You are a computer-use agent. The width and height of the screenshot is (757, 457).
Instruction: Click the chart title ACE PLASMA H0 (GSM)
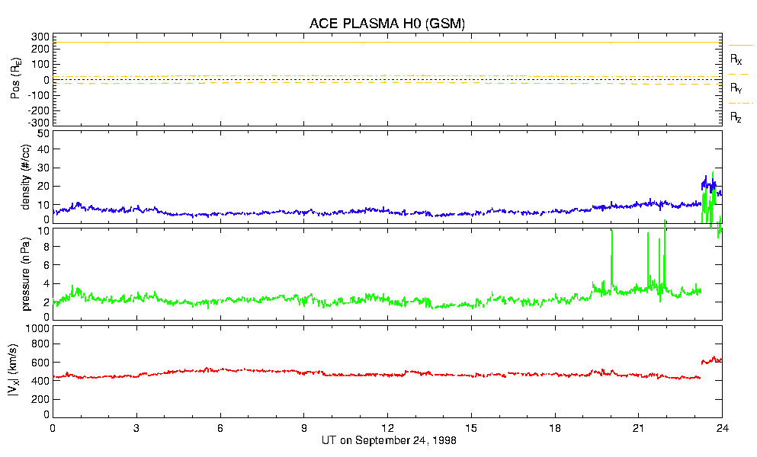(x=387, y=24)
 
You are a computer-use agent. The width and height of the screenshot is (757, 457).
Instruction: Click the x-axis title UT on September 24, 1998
(x=387, y=440)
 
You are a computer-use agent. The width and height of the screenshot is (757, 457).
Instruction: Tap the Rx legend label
(x=736, y=59)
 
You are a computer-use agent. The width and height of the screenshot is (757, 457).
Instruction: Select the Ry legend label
(x=736, y=88)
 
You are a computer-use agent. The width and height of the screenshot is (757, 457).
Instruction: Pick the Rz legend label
(x=736, y=117)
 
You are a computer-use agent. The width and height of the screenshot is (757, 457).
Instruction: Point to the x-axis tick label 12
(x=387, y=428)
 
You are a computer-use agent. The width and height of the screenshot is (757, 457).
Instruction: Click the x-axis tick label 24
(x=722, y=428)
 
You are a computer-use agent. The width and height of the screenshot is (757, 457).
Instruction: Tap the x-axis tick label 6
(x=220, y=428)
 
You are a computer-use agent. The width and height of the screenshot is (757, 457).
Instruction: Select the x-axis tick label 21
(x=638, y=428)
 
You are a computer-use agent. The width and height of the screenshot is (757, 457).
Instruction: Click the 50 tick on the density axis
(x=43, y=133)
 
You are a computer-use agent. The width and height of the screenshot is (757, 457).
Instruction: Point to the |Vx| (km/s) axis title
(x=25, y=372)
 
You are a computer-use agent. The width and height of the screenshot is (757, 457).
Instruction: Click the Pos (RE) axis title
(x=25, y=79)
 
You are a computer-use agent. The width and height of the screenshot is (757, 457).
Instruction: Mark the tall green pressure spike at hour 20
(x=611, y=251)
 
